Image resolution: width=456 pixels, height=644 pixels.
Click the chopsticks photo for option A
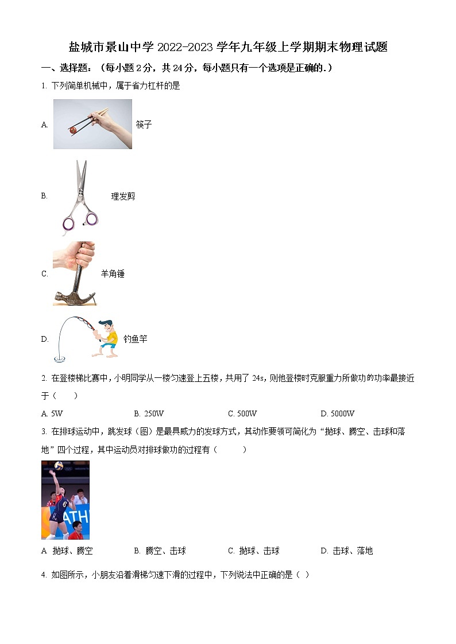coord(92,124)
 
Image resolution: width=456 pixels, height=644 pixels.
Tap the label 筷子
coord(144,124)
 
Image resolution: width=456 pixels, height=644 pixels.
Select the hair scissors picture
coord(80,195)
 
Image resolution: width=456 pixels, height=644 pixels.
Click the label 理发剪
coord(123,196)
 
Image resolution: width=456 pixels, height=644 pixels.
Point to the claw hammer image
coord(74,273)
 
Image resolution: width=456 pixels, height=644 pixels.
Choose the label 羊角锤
coord(113,274)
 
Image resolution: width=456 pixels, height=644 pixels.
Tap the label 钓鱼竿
coord(135,339)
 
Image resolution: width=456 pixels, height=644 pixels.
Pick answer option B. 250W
coord(149,413)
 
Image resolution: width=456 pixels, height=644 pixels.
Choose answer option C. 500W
coord(242,413)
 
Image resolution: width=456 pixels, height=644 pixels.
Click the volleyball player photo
coord(65,499)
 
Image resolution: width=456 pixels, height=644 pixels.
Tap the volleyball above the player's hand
coord(59,465)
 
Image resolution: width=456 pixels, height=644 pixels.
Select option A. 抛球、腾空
coord(67,551)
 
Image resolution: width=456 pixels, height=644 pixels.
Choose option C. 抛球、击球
coord(253,551)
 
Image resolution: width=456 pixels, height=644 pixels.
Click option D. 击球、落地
coord(346,551)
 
